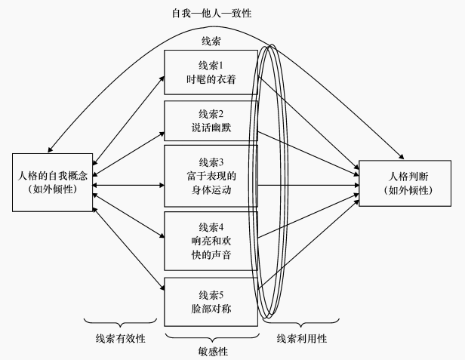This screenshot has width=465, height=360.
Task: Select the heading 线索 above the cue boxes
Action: click(x=211, y=41)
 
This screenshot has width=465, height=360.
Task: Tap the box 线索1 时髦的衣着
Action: click(x=211, y=72)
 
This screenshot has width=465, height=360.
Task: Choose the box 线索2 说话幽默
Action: click(x=211, y=121)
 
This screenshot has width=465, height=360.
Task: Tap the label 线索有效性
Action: click(x=121, y=337)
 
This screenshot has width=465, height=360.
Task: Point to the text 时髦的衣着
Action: click(x=211, y=80)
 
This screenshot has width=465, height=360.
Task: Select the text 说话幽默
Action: click(x=211, y=128)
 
